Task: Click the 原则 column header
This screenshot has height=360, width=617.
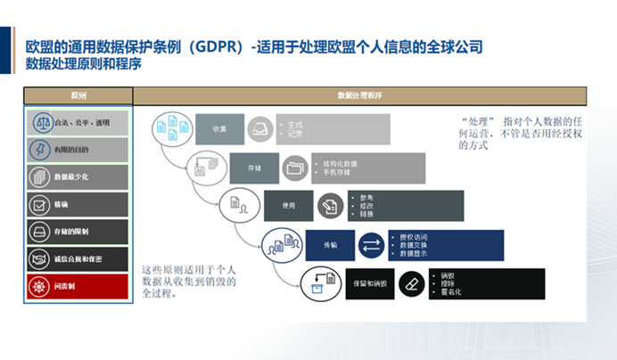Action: tap(78, 94)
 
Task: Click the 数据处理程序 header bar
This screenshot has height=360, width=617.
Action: tap(359, 94)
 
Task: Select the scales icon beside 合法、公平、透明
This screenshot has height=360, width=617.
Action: tap(41, 122)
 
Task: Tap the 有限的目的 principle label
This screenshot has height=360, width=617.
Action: tap(71, 150)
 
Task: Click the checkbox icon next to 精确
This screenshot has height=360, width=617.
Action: tap(41, 204)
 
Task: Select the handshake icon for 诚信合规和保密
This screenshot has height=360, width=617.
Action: tap(41, 258)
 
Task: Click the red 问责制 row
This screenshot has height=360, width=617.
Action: tap(78, 286)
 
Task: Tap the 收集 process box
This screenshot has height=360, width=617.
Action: tap(219, 128)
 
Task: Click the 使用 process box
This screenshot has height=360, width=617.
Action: tap(288, 205)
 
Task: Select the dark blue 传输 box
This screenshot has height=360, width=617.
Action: tap(329, 244)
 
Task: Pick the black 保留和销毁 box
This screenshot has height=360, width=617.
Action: tap(369, 282)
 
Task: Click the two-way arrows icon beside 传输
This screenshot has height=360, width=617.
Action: tap(369, 244)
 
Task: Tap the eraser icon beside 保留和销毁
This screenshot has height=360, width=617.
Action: tap(410, 282)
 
